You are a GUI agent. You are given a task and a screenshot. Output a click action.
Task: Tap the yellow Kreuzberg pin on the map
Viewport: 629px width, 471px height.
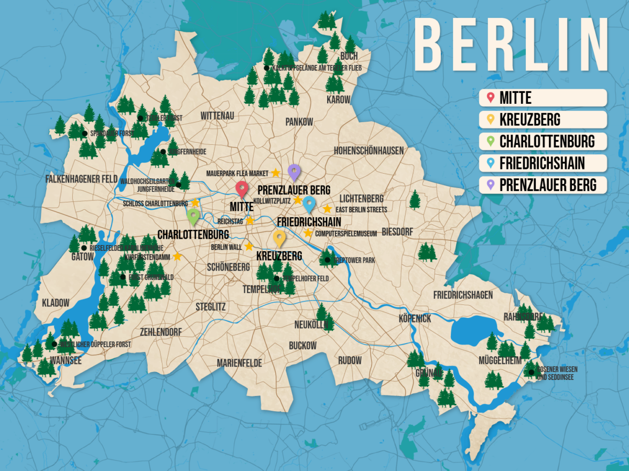(280, 238)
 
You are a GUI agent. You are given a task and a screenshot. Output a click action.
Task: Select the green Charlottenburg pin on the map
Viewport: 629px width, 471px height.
(193, 216)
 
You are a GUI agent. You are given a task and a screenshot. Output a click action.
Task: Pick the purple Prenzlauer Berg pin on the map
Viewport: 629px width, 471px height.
(294, 172)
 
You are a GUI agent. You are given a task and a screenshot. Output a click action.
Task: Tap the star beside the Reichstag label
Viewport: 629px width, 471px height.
(250, 221)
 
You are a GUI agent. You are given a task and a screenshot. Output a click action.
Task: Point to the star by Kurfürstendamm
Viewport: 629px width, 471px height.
(177, 256)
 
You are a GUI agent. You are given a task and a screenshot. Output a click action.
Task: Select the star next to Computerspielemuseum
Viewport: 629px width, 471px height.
(308, 233)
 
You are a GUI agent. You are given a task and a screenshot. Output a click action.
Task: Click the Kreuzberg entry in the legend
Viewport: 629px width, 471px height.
(543, 120)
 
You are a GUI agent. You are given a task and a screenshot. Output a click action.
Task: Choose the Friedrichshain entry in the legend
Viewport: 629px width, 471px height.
(543, 163)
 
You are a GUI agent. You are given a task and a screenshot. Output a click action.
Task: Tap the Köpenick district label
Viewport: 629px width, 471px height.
(415, 318)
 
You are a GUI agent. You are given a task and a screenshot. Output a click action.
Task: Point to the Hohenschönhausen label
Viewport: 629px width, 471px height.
(369, 151)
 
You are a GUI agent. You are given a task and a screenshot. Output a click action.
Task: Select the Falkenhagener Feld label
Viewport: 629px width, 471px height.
(81, 179)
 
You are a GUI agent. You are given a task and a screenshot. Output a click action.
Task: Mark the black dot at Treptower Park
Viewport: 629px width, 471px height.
(327, 260)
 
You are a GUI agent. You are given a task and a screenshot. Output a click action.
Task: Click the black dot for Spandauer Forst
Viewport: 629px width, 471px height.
(84, 134)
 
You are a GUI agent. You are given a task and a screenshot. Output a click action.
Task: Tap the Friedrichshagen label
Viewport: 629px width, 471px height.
(463, 295)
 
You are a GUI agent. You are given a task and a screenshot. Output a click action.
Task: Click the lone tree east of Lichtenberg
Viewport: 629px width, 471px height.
(415, 199)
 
